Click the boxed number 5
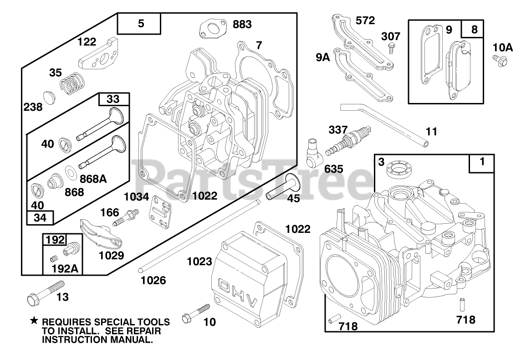[x=140, y=24]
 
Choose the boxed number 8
[x=475, y=30]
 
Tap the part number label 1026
[x=153, y=280]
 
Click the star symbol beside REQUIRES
[x=34, y=321]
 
